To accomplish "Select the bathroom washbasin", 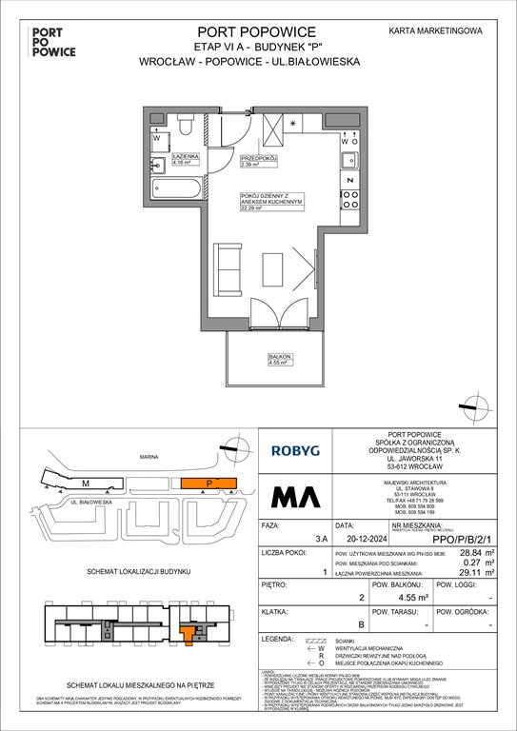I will (x=159, y=167).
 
